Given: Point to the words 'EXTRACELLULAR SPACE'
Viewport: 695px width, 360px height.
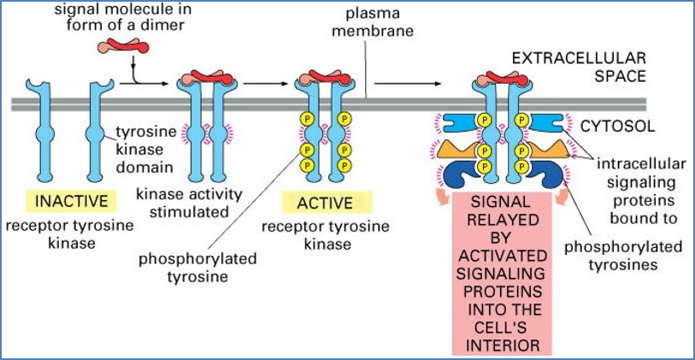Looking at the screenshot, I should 582,68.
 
